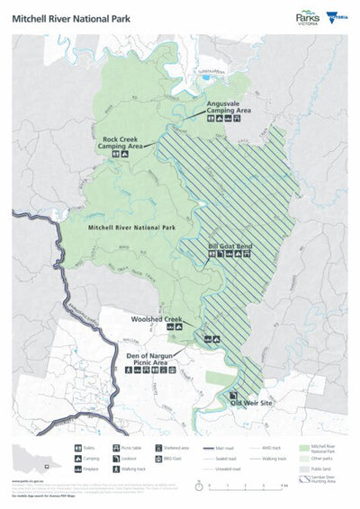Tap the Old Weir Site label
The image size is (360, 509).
pos(250,404)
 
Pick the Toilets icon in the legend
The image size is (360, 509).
pos(77,446)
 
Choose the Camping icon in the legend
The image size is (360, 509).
pos(77,457)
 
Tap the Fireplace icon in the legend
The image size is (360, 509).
pos(77,469)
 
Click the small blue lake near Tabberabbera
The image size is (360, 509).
pos(206,76)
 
